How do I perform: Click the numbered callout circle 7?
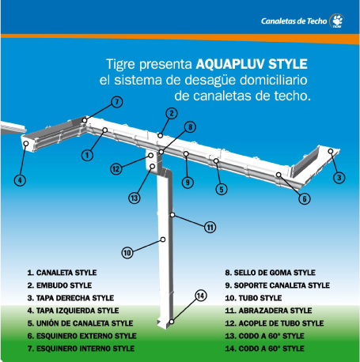[117, 102]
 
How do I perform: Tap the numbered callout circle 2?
[172, 113]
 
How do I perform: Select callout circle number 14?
[201, 296]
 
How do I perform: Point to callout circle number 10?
[127, 253]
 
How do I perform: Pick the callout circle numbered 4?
[20, 180]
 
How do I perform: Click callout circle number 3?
[339, 177]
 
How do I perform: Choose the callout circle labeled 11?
[210, 228]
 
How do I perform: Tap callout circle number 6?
[305, 198]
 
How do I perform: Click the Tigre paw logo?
[337, 21]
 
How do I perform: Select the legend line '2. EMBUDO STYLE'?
[59, 285]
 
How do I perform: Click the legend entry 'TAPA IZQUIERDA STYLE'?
[78, 311]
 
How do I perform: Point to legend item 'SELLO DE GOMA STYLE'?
[275, 273]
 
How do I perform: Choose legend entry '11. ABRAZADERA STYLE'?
[268, 311]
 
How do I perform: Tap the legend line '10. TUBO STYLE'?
[253, 298]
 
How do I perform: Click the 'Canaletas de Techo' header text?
[294, 21]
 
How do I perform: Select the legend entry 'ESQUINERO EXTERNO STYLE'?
[86, 336]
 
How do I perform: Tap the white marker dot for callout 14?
[172, 322]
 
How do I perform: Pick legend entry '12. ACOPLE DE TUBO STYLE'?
[275, 323]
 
